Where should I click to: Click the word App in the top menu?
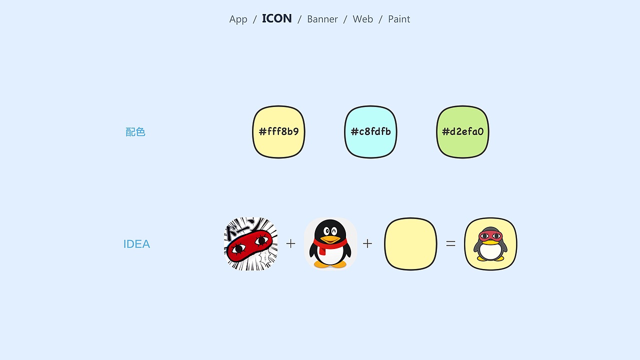(x=238, y=19)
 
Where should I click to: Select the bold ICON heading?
(x=277, y=18)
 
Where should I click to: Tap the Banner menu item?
(x=322, y=19)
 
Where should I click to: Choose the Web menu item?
(x=363, y=19)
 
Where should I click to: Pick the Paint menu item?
(x=399, y=19)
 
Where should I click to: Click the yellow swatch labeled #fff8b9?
(x=278, y=131)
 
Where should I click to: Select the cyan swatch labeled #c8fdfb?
(x=370, y=131)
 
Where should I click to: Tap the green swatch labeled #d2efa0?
(x=462, y=131)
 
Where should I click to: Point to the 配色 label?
(x=135, y=132)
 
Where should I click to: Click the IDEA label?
(x=136, y=244)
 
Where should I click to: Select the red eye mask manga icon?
(x=250, y=243)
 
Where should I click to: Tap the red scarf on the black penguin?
(x=329, y=245)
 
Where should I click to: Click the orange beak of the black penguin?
(x=330, y=239)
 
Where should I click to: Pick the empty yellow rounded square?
(x=410, y=243)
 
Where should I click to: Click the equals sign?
(x=450, y=243)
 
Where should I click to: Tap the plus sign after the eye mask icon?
(x=290, y=243)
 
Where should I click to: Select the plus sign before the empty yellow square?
(x=367, y=243)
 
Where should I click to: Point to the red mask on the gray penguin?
(x=490, y=236)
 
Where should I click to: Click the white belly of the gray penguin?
(x=490, y=251)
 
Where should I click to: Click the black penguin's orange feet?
(x=330, y=264)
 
